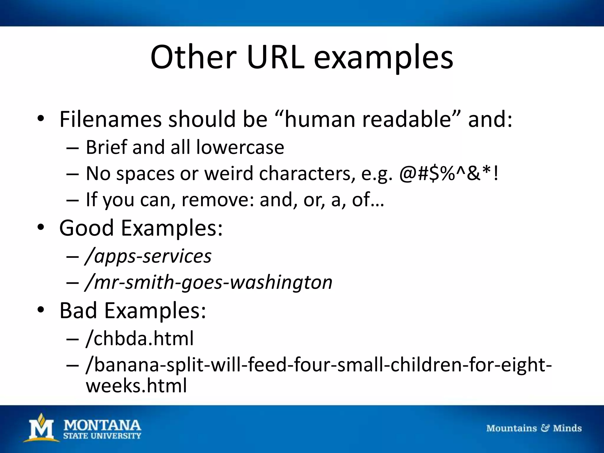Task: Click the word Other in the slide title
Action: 193,57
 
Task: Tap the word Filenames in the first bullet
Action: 110,119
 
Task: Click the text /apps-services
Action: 148,256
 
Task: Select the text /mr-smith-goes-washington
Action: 209,282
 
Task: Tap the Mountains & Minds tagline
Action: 534,428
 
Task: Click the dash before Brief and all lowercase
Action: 73,148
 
